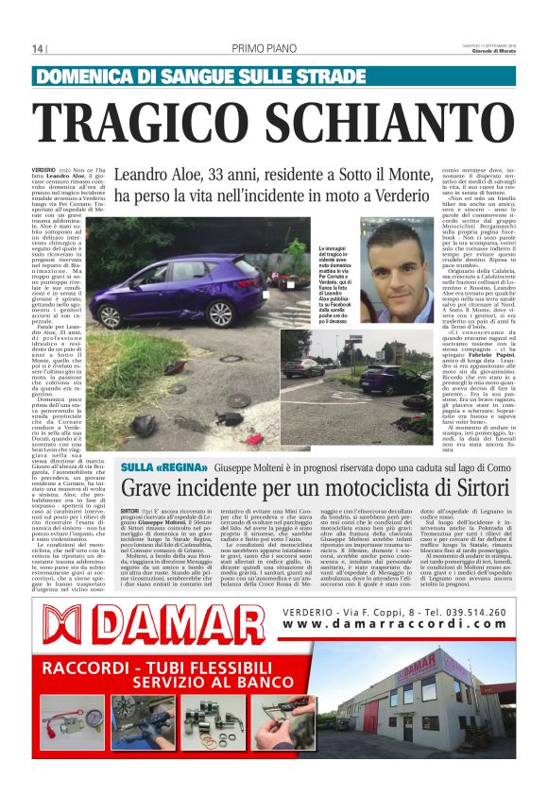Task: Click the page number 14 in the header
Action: click(38, 49)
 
